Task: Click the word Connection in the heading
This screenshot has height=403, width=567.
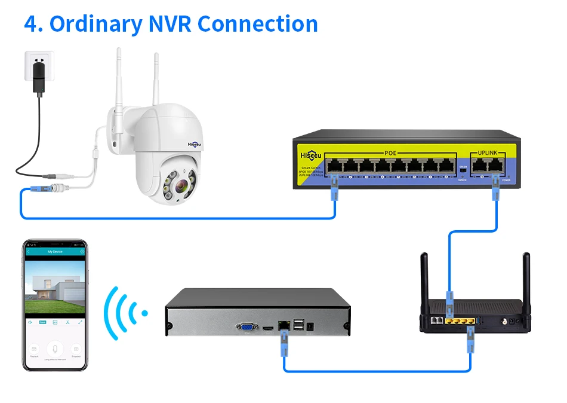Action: pyautogui.click(x=258, y=24)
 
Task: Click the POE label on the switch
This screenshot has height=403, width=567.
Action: pyautogui.click(x=390, y=153)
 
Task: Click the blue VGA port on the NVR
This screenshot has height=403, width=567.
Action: pyautogui.click(x=246, y=326)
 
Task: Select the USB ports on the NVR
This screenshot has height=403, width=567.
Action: pyautogui.click(x=297, y=325)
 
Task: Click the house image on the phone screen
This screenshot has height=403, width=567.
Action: pyautogui.click(x=55, y=290)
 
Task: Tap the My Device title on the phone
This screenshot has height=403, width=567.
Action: pyautogui.click(x=55, y=252)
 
